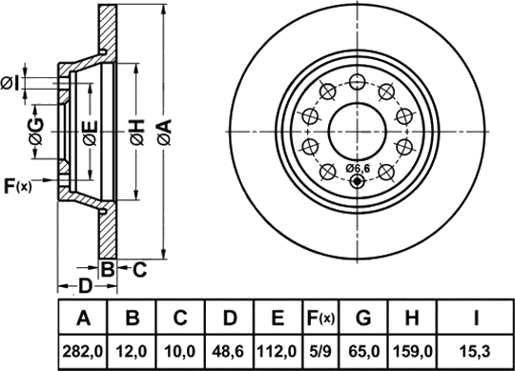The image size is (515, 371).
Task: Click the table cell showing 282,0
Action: pos(83,352)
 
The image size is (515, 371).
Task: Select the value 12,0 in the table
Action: pos(132,352)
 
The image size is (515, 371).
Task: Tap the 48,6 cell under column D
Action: pos(229,352)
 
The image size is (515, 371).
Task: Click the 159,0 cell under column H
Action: pos(412,352)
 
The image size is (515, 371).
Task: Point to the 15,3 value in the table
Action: pos(475,352)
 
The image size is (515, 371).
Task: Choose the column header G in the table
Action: pos(363,318)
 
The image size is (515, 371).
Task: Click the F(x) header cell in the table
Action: pos(320,318)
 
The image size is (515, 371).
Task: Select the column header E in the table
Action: pos(278,318)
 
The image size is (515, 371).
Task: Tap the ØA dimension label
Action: pos(165,132)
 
